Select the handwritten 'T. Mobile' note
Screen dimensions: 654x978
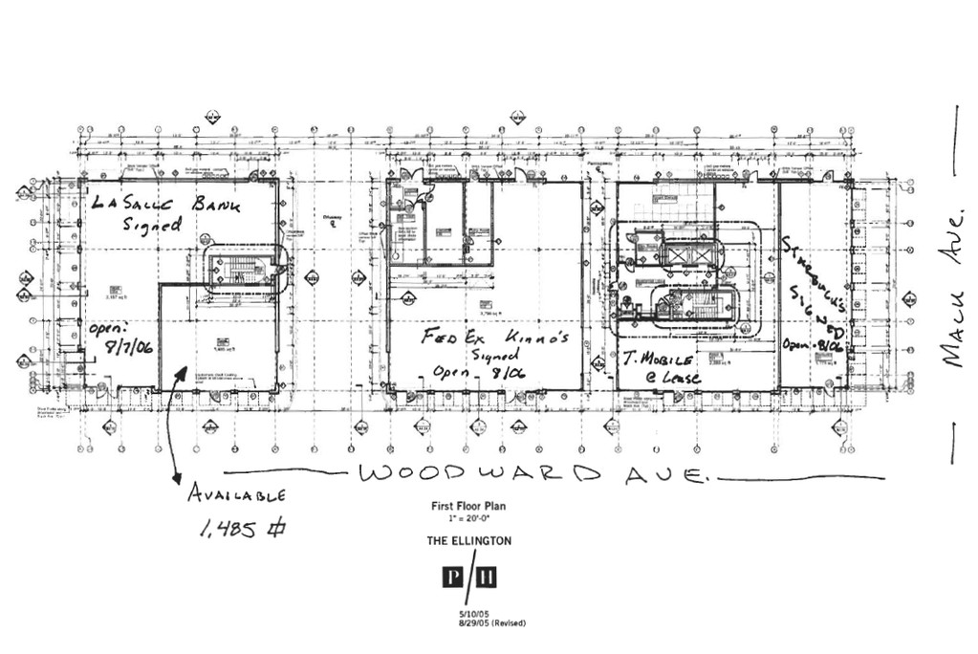click(658, 360)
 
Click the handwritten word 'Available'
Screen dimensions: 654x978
click(236, 494)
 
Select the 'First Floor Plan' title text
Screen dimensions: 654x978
click(467, 506)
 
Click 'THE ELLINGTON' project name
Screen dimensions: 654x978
click(468, 541)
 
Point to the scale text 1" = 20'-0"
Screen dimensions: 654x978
click(468, 518)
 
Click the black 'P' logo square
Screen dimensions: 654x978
click(452, 578)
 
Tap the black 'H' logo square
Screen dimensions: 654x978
click(486, 578)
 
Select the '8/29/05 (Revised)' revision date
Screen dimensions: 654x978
click(491, 623)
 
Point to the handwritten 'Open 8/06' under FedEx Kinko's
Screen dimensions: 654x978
click(479, 372)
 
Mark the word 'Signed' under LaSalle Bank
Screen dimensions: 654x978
click(152, 226)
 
